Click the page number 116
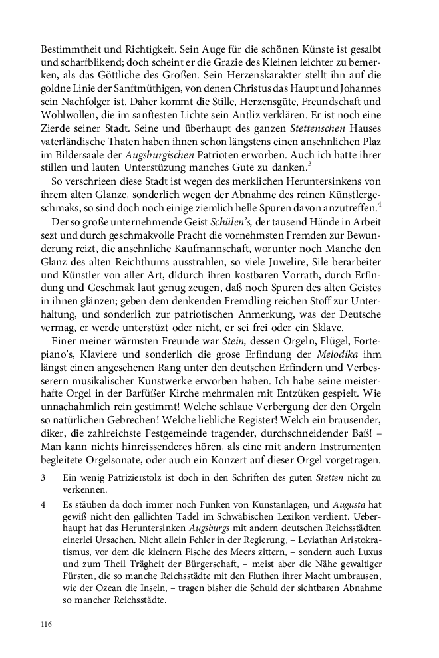46,624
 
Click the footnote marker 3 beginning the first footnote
43,478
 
